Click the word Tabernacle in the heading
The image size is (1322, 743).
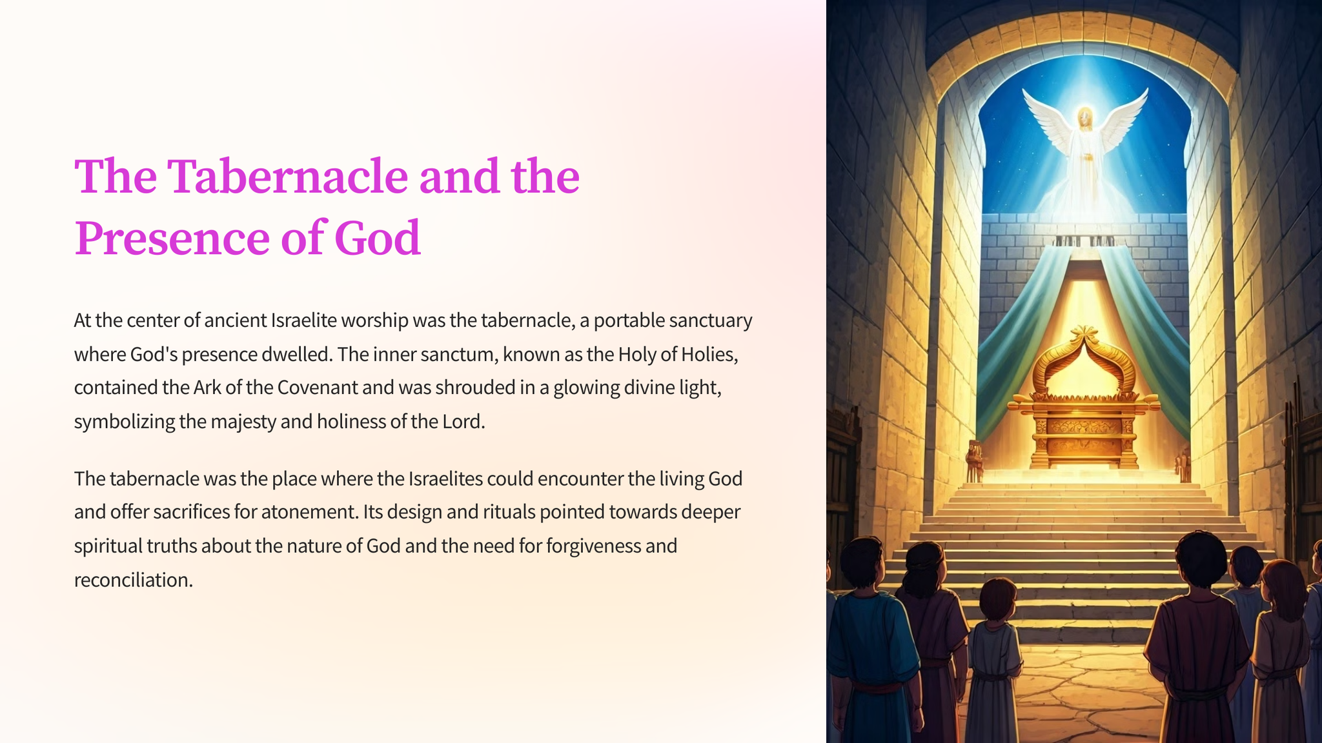[288, 175]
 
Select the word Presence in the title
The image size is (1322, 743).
[172, 237]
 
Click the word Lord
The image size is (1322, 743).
[463, 421]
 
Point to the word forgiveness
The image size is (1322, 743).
[593, 546]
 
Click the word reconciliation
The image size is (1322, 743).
[134, 580]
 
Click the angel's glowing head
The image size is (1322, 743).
[1085, 119]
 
